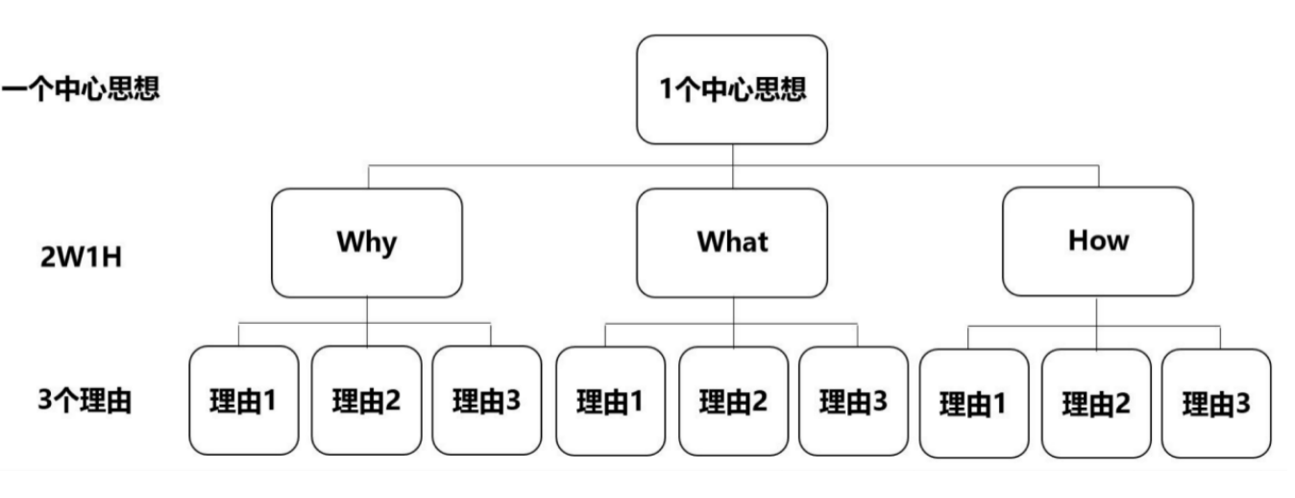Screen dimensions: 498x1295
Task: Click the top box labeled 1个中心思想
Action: [x=732, y=89]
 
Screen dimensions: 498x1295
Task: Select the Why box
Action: [x=366, y=241]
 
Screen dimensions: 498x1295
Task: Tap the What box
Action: [x=732, y=241]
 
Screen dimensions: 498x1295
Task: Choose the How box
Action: [x=1098, y=241]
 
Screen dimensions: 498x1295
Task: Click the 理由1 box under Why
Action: [x=244, y=400]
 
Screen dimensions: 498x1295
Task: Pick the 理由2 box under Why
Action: [x=366, y=400]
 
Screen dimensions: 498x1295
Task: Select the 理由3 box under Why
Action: [x=486, y=400]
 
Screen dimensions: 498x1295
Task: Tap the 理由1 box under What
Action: [x=610, y=400]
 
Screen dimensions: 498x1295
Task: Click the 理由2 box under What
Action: [x=733, y=400]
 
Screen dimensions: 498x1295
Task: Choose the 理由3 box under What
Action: [x=853, y=400]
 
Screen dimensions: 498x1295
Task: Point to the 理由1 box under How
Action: [x=973, y=403]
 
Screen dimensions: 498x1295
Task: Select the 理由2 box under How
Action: [x=1095, y=403]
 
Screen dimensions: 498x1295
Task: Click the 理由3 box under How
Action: [x=1216, y=403]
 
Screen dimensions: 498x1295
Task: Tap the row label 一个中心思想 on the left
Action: [x=81, y=92]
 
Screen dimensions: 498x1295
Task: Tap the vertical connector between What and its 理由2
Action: [x=733, y=321]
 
